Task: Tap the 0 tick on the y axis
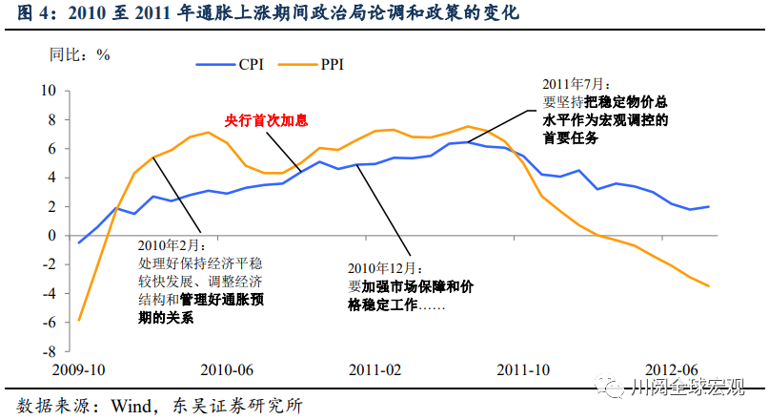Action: coord(52,236)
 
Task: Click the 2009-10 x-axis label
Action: coord(78,369)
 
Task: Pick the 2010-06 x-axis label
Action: coord(226,369)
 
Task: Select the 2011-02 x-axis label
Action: coord(374,369)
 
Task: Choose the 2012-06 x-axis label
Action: coord(672,369)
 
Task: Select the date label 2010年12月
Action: coord(380,268)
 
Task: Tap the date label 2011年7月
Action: coord(575,85)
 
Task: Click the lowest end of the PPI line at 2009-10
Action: coord(78,320)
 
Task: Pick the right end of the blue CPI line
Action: coord(709,206)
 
